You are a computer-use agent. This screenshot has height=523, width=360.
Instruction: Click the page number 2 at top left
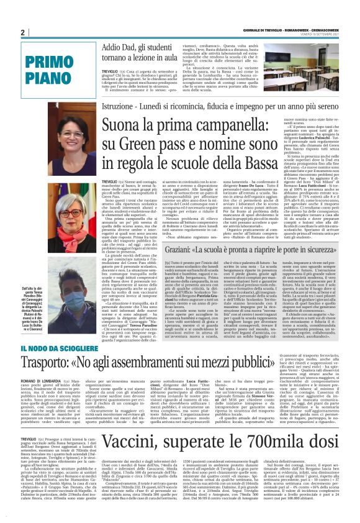23,32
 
